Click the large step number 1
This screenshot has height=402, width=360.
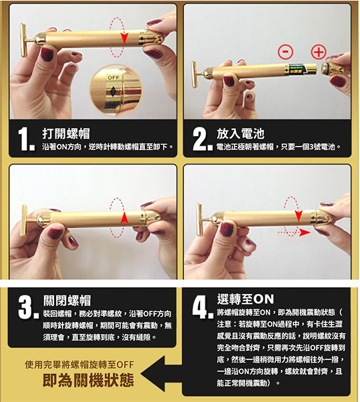(x=26, y=139)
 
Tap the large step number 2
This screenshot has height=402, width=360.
(x=202, y=139)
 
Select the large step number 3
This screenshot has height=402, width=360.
(x=28, y=307)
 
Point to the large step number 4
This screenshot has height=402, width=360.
(x=203, y=307)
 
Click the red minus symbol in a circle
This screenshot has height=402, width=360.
(x=285, y=52)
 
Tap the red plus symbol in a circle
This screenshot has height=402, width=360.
(x=319, y=52)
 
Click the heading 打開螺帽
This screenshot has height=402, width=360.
(x=66, y=133)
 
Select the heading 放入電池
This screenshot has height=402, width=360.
(x=241, y=133)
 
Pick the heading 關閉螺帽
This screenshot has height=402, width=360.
(x=67, y=301)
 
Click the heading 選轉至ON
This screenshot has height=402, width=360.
(x=245, y=299)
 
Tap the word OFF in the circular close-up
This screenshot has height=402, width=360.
(x=113, y=77)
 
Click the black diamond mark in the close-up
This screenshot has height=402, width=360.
(x=113, y=92)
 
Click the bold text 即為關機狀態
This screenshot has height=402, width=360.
(x=88, y=380)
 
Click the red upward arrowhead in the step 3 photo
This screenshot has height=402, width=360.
(x=124, y=217)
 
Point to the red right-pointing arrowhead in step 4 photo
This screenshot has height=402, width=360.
(x=305, y=233)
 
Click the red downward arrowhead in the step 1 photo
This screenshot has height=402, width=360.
(x=125, y=39)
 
